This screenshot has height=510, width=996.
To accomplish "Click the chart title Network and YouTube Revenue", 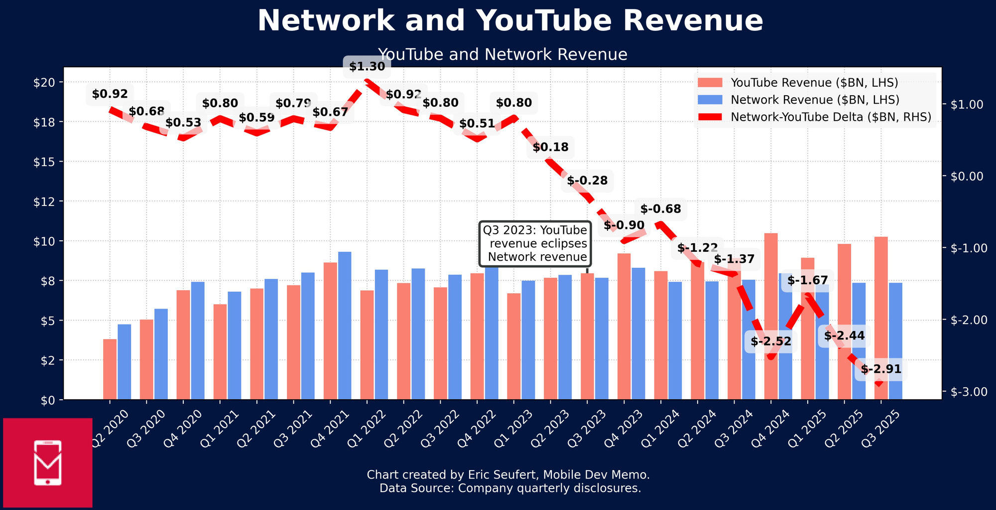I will [510, 21].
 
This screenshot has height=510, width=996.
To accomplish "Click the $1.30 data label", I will [367, 67].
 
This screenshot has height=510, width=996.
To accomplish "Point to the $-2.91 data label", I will [881, 369].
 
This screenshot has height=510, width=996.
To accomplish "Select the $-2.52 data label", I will [771, 341].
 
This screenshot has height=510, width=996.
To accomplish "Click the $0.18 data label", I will [550, 148].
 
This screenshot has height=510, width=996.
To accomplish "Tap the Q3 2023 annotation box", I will [535, 244].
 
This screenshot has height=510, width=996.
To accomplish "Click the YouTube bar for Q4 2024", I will [771, 316].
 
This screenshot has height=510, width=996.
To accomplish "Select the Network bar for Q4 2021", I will [345, 325].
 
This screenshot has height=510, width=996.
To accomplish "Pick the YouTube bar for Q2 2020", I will [110, 369].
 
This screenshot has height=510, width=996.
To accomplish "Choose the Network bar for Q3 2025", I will [895, 341].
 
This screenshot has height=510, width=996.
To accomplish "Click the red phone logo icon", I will [48, 463].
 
